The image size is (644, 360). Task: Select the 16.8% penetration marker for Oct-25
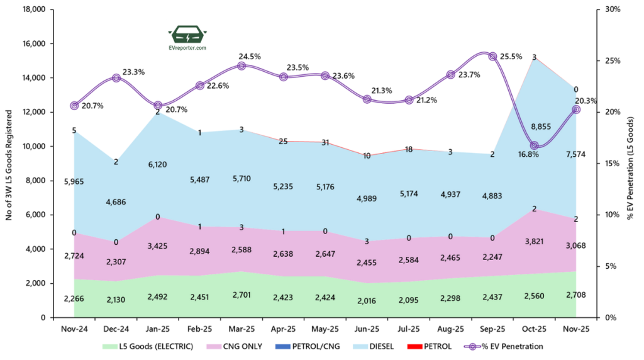(x=535, y=145)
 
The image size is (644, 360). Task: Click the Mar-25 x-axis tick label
(x=241, y=329)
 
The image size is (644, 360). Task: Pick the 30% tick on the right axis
(x=613, y=10)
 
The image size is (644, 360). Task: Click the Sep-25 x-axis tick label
(x=492, y=329)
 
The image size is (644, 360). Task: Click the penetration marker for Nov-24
(x=74, y=106)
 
